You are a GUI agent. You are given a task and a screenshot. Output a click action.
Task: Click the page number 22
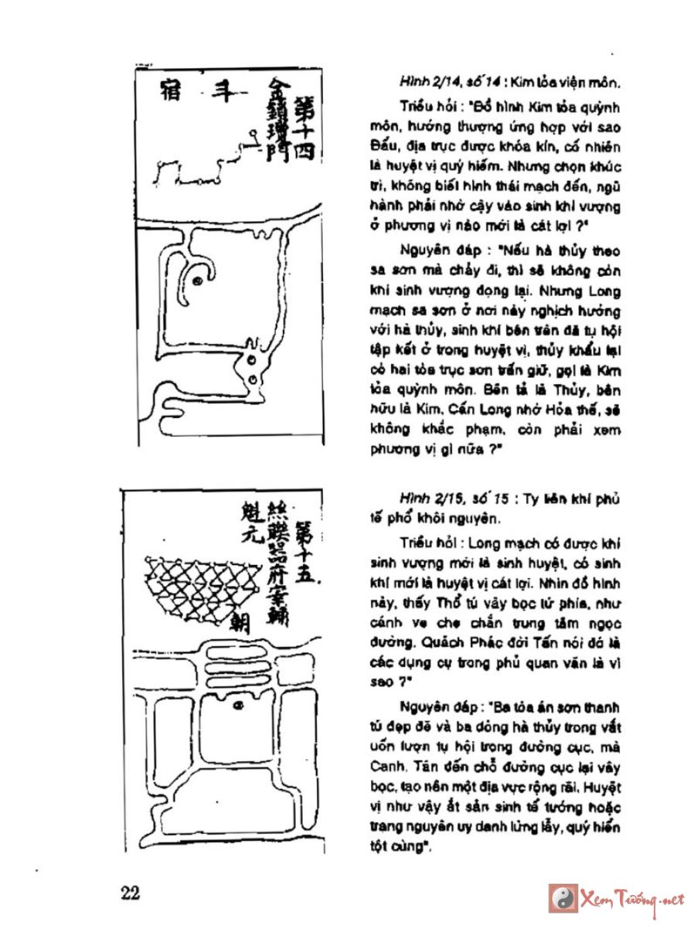(x=131, y=893)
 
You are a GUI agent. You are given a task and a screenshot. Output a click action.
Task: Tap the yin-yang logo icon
(x=562, y=898)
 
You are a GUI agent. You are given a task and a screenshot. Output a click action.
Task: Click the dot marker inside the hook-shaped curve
(x=198, y=280)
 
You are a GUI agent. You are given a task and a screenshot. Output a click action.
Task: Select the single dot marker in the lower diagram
(x=237, y=708)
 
